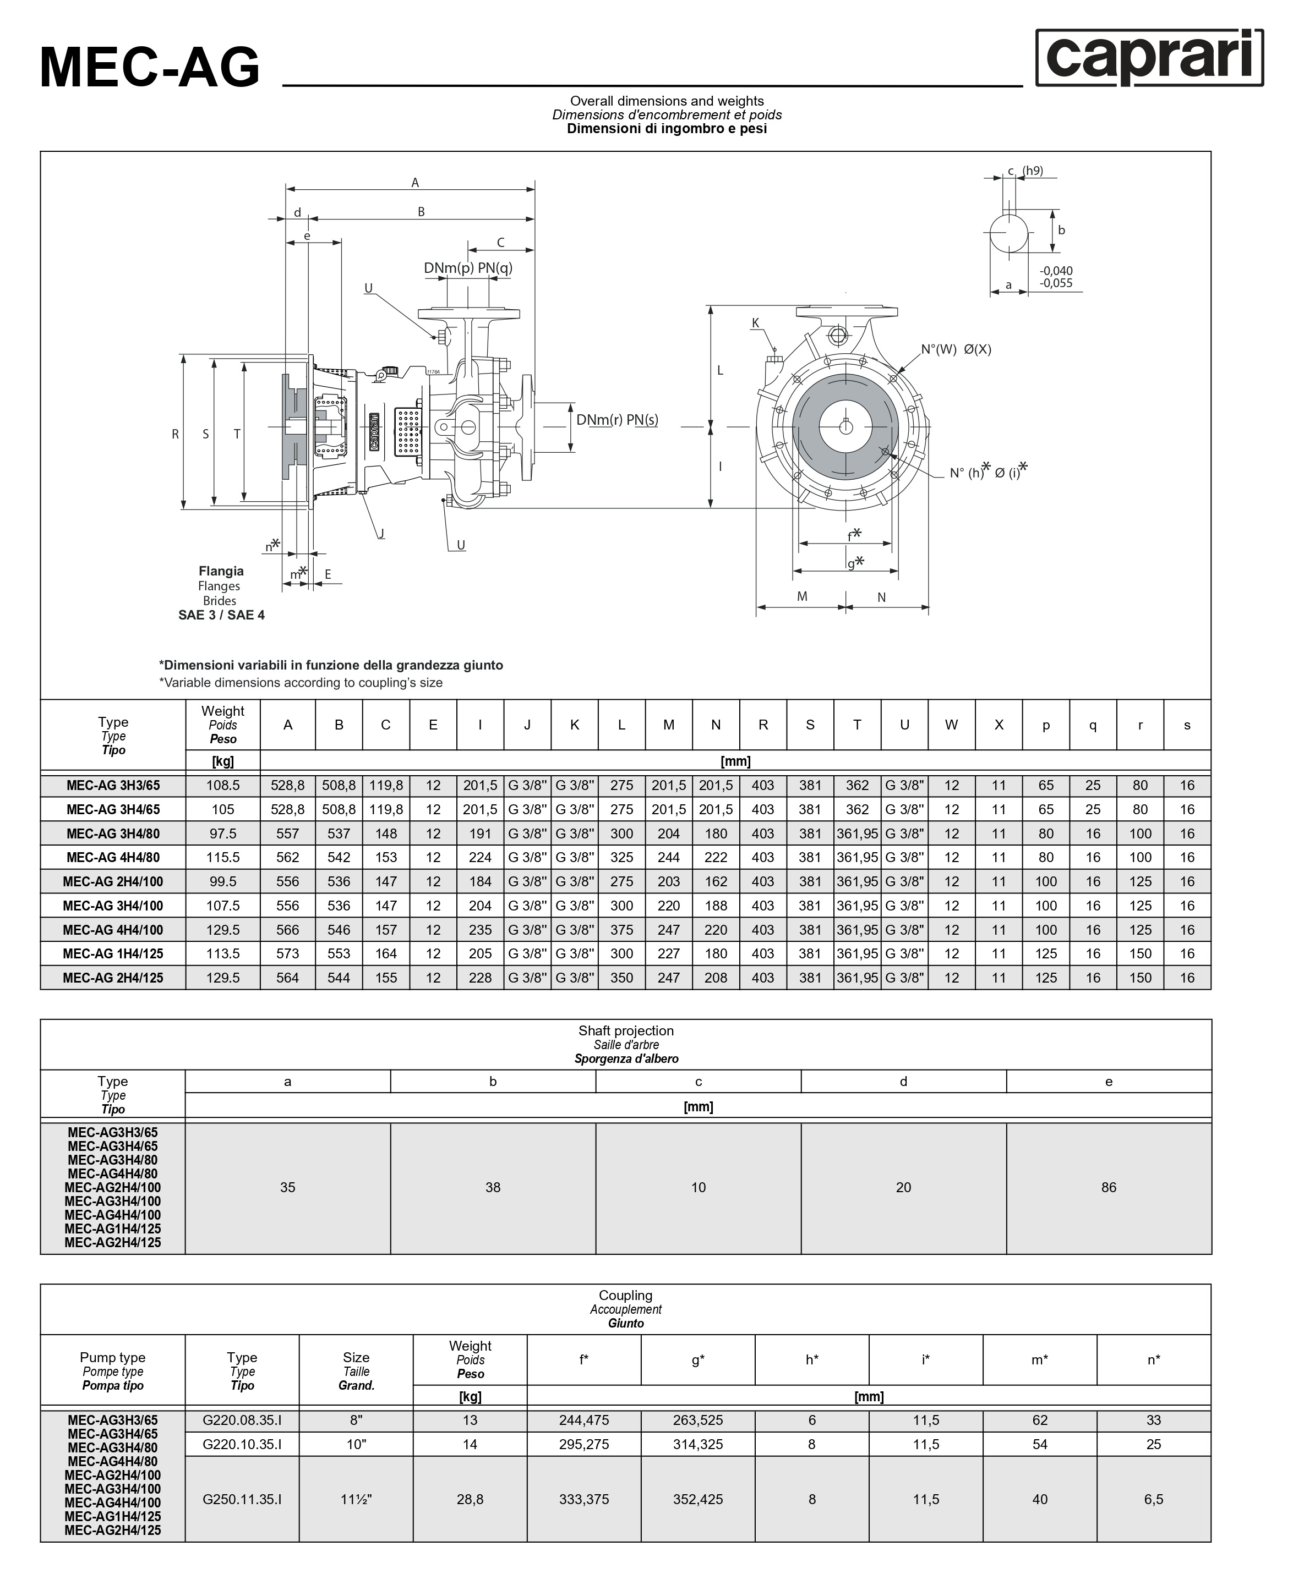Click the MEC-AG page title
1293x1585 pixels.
pyautogui.click(x=150, y=68)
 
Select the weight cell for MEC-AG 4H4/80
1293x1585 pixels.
pyautogui.click(x=223, y=857)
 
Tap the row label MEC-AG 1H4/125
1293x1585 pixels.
pyautogui.click(x=112, y=953)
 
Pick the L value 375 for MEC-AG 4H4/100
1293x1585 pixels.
pyautogui.click(x=621, y=929)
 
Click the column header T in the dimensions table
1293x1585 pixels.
pyautogui.click(x=856, y=725)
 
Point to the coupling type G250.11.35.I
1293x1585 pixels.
pyautogui.click(x=242, y=1499)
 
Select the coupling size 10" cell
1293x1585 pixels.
pyautogui.click(x=356, y=1444)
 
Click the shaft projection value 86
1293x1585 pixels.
pyautogui.click(x=1108, y=1187)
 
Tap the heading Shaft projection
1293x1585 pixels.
pyautogui.click(x=626, y=1030)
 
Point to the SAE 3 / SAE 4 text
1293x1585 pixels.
pyautogui.click(x=221, y=615)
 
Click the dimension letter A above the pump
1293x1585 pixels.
pyautogui.click(x=415, y=183)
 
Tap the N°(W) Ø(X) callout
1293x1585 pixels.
pyautogui.click(x=956, y=349)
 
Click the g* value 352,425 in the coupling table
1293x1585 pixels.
pyautogui.click(x=698, y=1499)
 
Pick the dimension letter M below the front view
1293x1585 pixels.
pyautogui.click(x=801, y=596)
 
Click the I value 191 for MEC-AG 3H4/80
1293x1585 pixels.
pyautogui.click(x=479, y=833)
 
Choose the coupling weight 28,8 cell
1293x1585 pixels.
pyautogui.click(x=470, y=1499)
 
